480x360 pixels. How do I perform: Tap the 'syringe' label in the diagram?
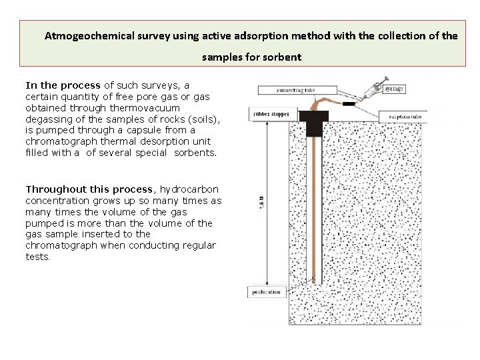(x=393, y=89)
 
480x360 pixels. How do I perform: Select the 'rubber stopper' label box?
(x=271, y=114)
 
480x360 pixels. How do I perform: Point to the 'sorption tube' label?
(x=405, y=117)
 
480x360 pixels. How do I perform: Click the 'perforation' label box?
(x=265, y=292)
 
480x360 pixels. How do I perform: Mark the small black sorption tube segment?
(x=348, y=104)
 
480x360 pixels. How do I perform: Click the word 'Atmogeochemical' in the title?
(x=85, y=36)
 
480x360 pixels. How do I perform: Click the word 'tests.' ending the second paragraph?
(x=37, y=257)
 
